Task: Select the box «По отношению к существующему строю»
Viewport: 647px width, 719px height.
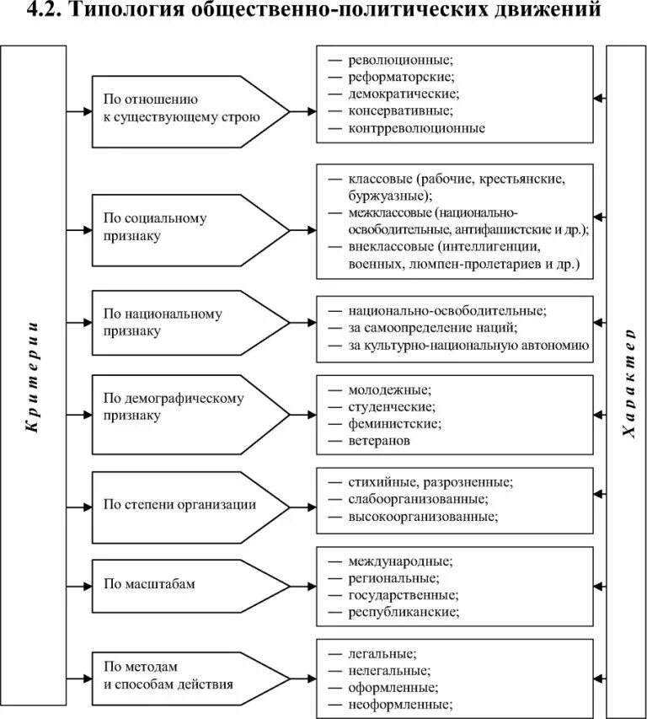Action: tap(181, 110)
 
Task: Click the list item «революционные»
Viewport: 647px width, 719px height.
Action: tap(400, 60)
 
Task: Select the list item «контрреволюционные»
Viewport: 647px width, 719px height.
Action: tap(416, 128)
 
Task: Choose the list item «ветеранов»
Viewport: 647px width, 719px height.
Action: tap(380, 440)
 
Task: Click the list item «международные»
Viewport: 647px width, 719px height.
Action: tap(400, 561)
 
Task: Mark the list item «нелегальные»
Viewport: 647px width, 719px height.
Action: tap(388, 670)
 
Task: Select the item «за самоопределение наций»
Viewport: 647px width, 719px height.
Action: tap(432, 328)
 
